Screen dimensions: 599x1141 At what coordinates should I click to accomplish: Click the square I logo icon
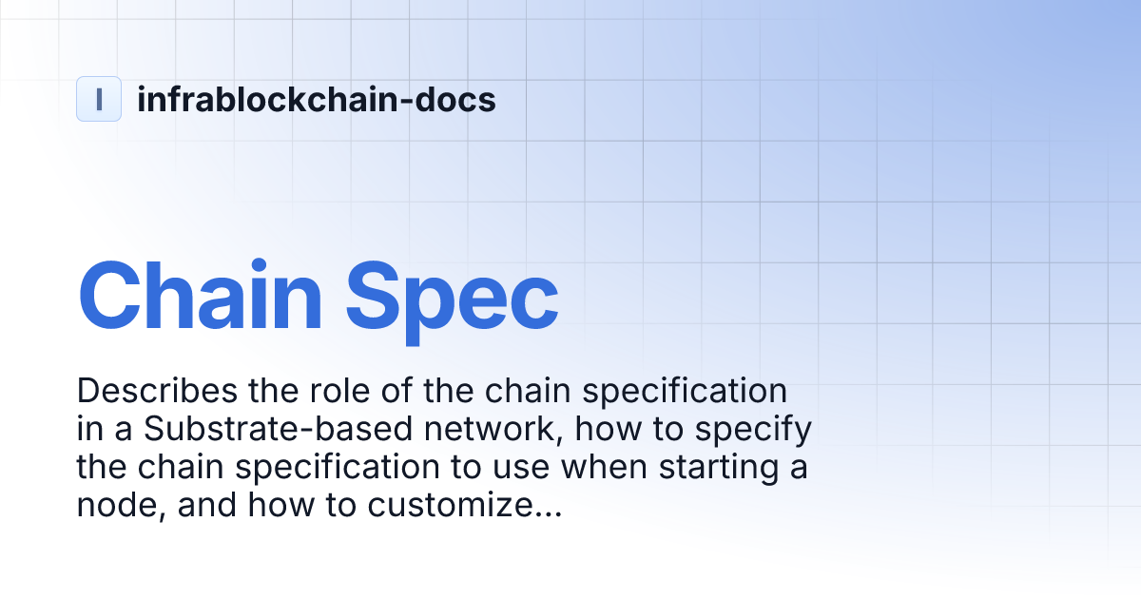[x=99, y=99]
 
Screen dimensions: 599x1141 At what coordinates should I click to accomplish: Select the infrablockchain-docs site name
[x=316, y=99]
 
